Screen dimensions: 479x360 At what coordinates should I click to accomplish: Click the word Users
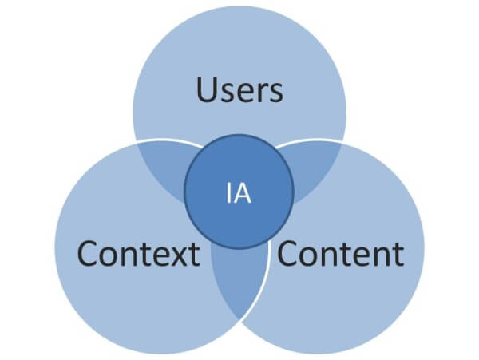coord(239,91)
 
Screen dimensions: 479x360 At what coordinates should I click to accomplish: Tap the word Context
coord(137,254)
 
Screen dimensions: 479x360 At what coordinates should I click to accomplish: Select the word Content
coord(340,254)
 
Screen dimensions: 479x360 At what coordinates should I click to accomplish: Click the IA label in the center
coord(239,194)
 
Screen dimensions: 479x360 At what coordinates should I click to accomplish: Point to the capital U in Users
coord(207,90)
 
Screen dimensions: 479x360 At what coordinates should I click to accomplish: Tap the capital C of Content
coord(288,254)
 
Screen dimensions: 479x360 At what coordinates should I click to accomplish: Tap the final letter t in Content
coord(397,255)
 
